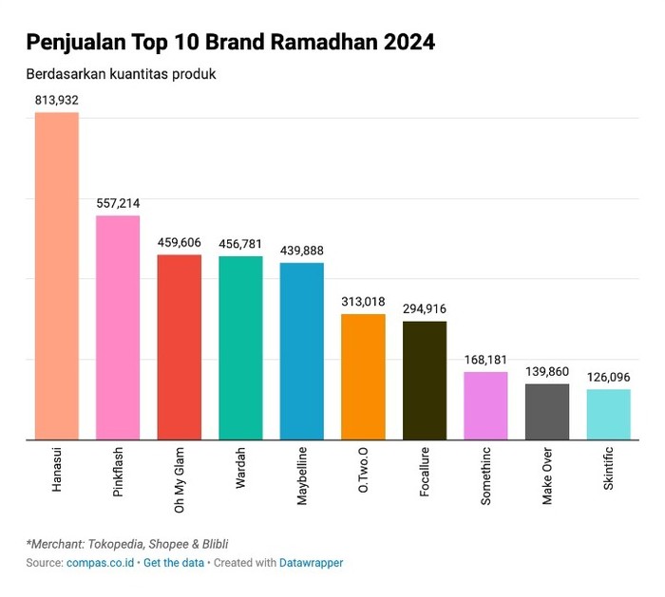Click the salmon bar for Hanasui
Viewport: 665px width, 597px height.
pos(57,276)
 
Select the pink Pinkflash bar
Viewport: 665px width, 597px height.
pos(118,327)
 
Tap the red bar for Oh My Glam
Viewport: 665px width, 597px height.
pos(179,347)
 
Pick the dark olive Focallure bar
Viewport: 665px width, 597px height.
pos(425,381)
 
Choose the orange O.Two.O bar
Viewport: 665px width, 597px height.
pos(363,377)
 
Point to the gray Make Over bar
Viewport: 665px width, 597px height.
pos(547,412)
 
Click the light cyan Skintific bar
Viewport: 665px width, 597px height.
pos(608,415)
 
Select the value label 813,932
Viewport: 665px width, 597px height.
pos(57,101)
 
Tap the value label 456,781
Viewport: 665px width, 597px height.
pos(240,244)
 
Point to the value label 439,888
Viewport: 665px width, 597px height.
pos(301,251)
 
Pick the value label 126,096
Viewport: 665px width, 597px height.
pos(608,377)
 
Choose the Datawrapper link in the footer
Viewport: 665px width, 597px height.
pos(311,563)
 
